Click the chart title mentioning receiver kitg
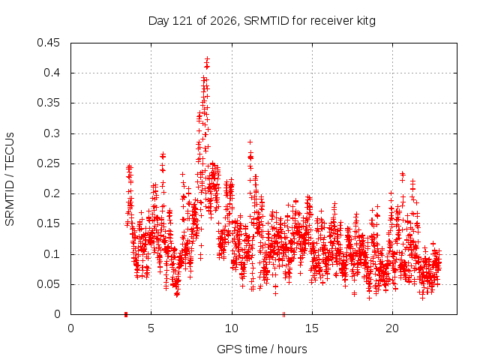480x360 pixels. click(x=262, y=21)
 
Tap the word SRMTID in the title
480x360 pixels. click(x=266, y=21)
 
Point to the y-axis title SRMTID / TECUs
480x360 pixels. click(x=10, y=179)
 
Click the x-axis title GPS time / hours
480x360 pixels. click(x=262, y=349)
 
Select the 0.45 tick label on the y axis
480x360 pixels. click(x=48, y=43)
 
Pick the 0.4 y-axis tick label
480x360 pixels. click(x=52, y=73)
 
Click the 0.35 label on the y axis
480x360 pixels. click(x=48, y=103)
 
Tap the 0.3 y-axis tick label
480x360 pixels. click(x=52, y=133)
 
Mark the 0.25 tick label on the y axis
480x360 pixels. click(x=48, y=163)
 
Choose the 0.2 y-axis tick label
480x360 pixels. click(x=52, y=193)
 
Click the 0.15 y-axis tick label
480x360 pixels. click(x=48, y=223)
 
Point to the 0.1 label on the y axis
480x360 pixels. click(x=52, y=254)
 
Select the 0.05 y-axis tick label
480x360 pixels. click(x=48, y=284)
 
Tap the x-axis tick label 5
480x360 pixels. click(x=151, y=328)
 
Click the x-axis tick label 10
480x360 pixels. click(x=232, y=328)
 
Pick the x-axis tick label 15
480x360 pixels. click(x=312, y=328)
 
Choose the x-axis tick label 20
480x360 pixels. click(x=392, y=328)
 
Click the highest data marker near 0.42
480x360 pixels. click(x=208, y=58)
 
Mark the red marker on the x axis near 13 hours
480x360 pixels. click(x=283, y=314)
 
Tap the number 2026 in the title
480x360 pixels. click(x=223, y=21)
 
